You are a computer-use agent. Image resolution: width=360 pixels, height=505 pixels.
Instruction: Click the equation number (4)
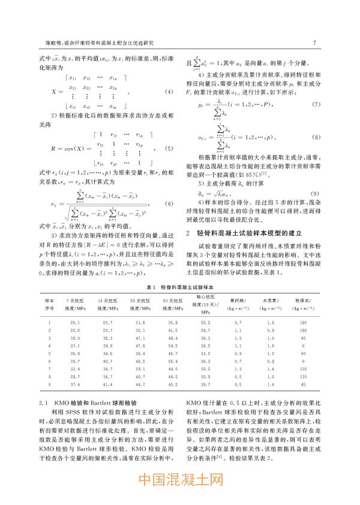tap(169, 91)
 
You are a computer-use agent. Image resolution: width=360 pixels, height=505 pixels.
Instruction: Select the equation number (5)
tap(169, 149)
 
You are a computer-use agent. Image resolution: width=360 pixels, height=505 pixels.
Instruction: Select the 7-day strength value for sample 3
tap(74, 338)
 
